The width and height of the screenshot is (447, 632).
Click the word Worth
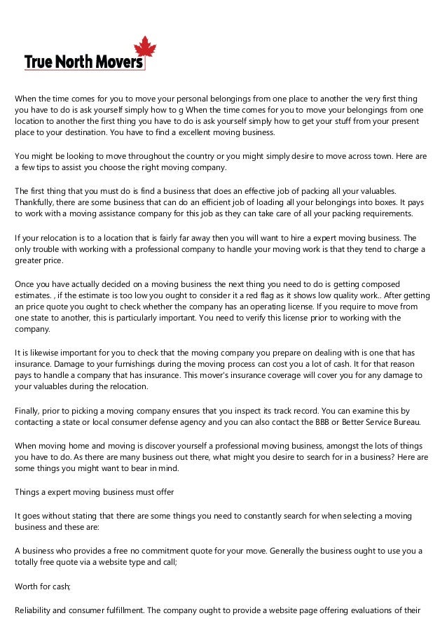click(x=28, y=586)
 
